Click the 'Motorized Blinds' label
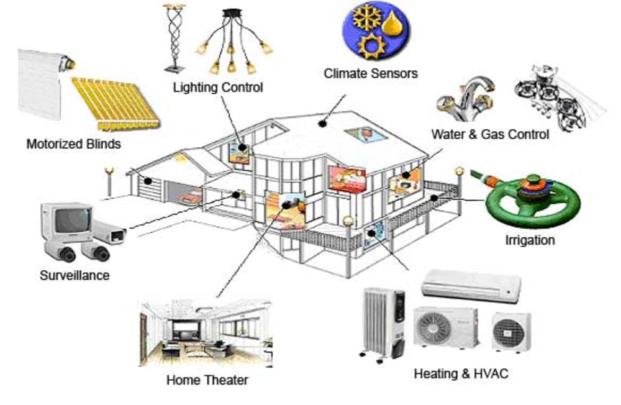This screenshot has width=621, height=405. pyautogui.click(x=74, y=143)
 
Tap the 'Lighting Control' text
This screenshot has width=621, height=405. pyautogui.click(x=218, y=87)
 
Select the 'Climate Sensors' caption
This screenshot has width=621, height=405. pyautogui.click(x=371, y=73)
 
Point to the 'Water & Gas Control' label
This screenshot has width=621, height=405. pyautogui.click(x=490, y=134)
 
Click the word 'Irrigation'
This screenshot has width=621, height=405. pyautogui.click(x=530, y=240)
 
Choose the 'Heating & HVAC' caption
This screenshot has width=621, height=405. pyautogui.click(x=461, y=374)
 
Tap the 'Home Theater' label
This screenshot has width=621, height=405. pyautogui.click(x=207, y=380)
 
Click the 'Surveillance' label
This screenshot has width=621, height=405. pyautogui.click(x=75, y=275)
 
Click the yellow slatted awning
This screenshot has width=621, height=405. pyautogui.click(x=116, y=104)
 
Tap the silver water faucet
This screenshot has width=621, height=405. pyautogui.click(x=466, y=99)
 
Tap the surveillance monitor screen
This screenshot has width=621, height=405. pyautogui.click(x=71, y=221)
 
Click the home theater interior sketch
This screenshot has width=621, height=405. pyautogui.click(x=206, y=334)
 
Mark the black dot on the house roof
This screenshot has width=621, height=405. pyautogui.click(x=322, y=124)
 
